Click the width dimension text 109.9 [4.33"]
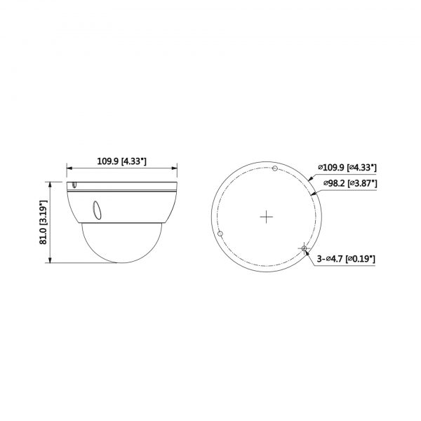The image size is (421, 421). click(x=121, y=161)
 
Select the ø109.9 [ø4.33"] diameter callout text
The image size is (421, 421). click(x=347, y=168)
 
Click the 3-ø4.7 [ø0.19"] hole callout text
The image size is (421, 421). click(x=346, y=259)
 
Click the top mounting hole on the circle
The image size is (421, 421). click(x=274, y=168)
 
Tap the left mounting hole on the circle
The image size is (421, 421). click(x=221, y=233)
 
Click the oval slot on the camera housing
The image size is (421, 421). click(x=95, y=209)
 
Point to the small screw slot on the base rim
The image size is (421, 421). click(x=73, y=185)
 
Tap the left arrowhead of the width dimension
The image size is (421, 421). click(x=69, y=168)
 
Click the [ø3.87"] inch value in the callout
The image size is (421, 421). click(x=362, y=183)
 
